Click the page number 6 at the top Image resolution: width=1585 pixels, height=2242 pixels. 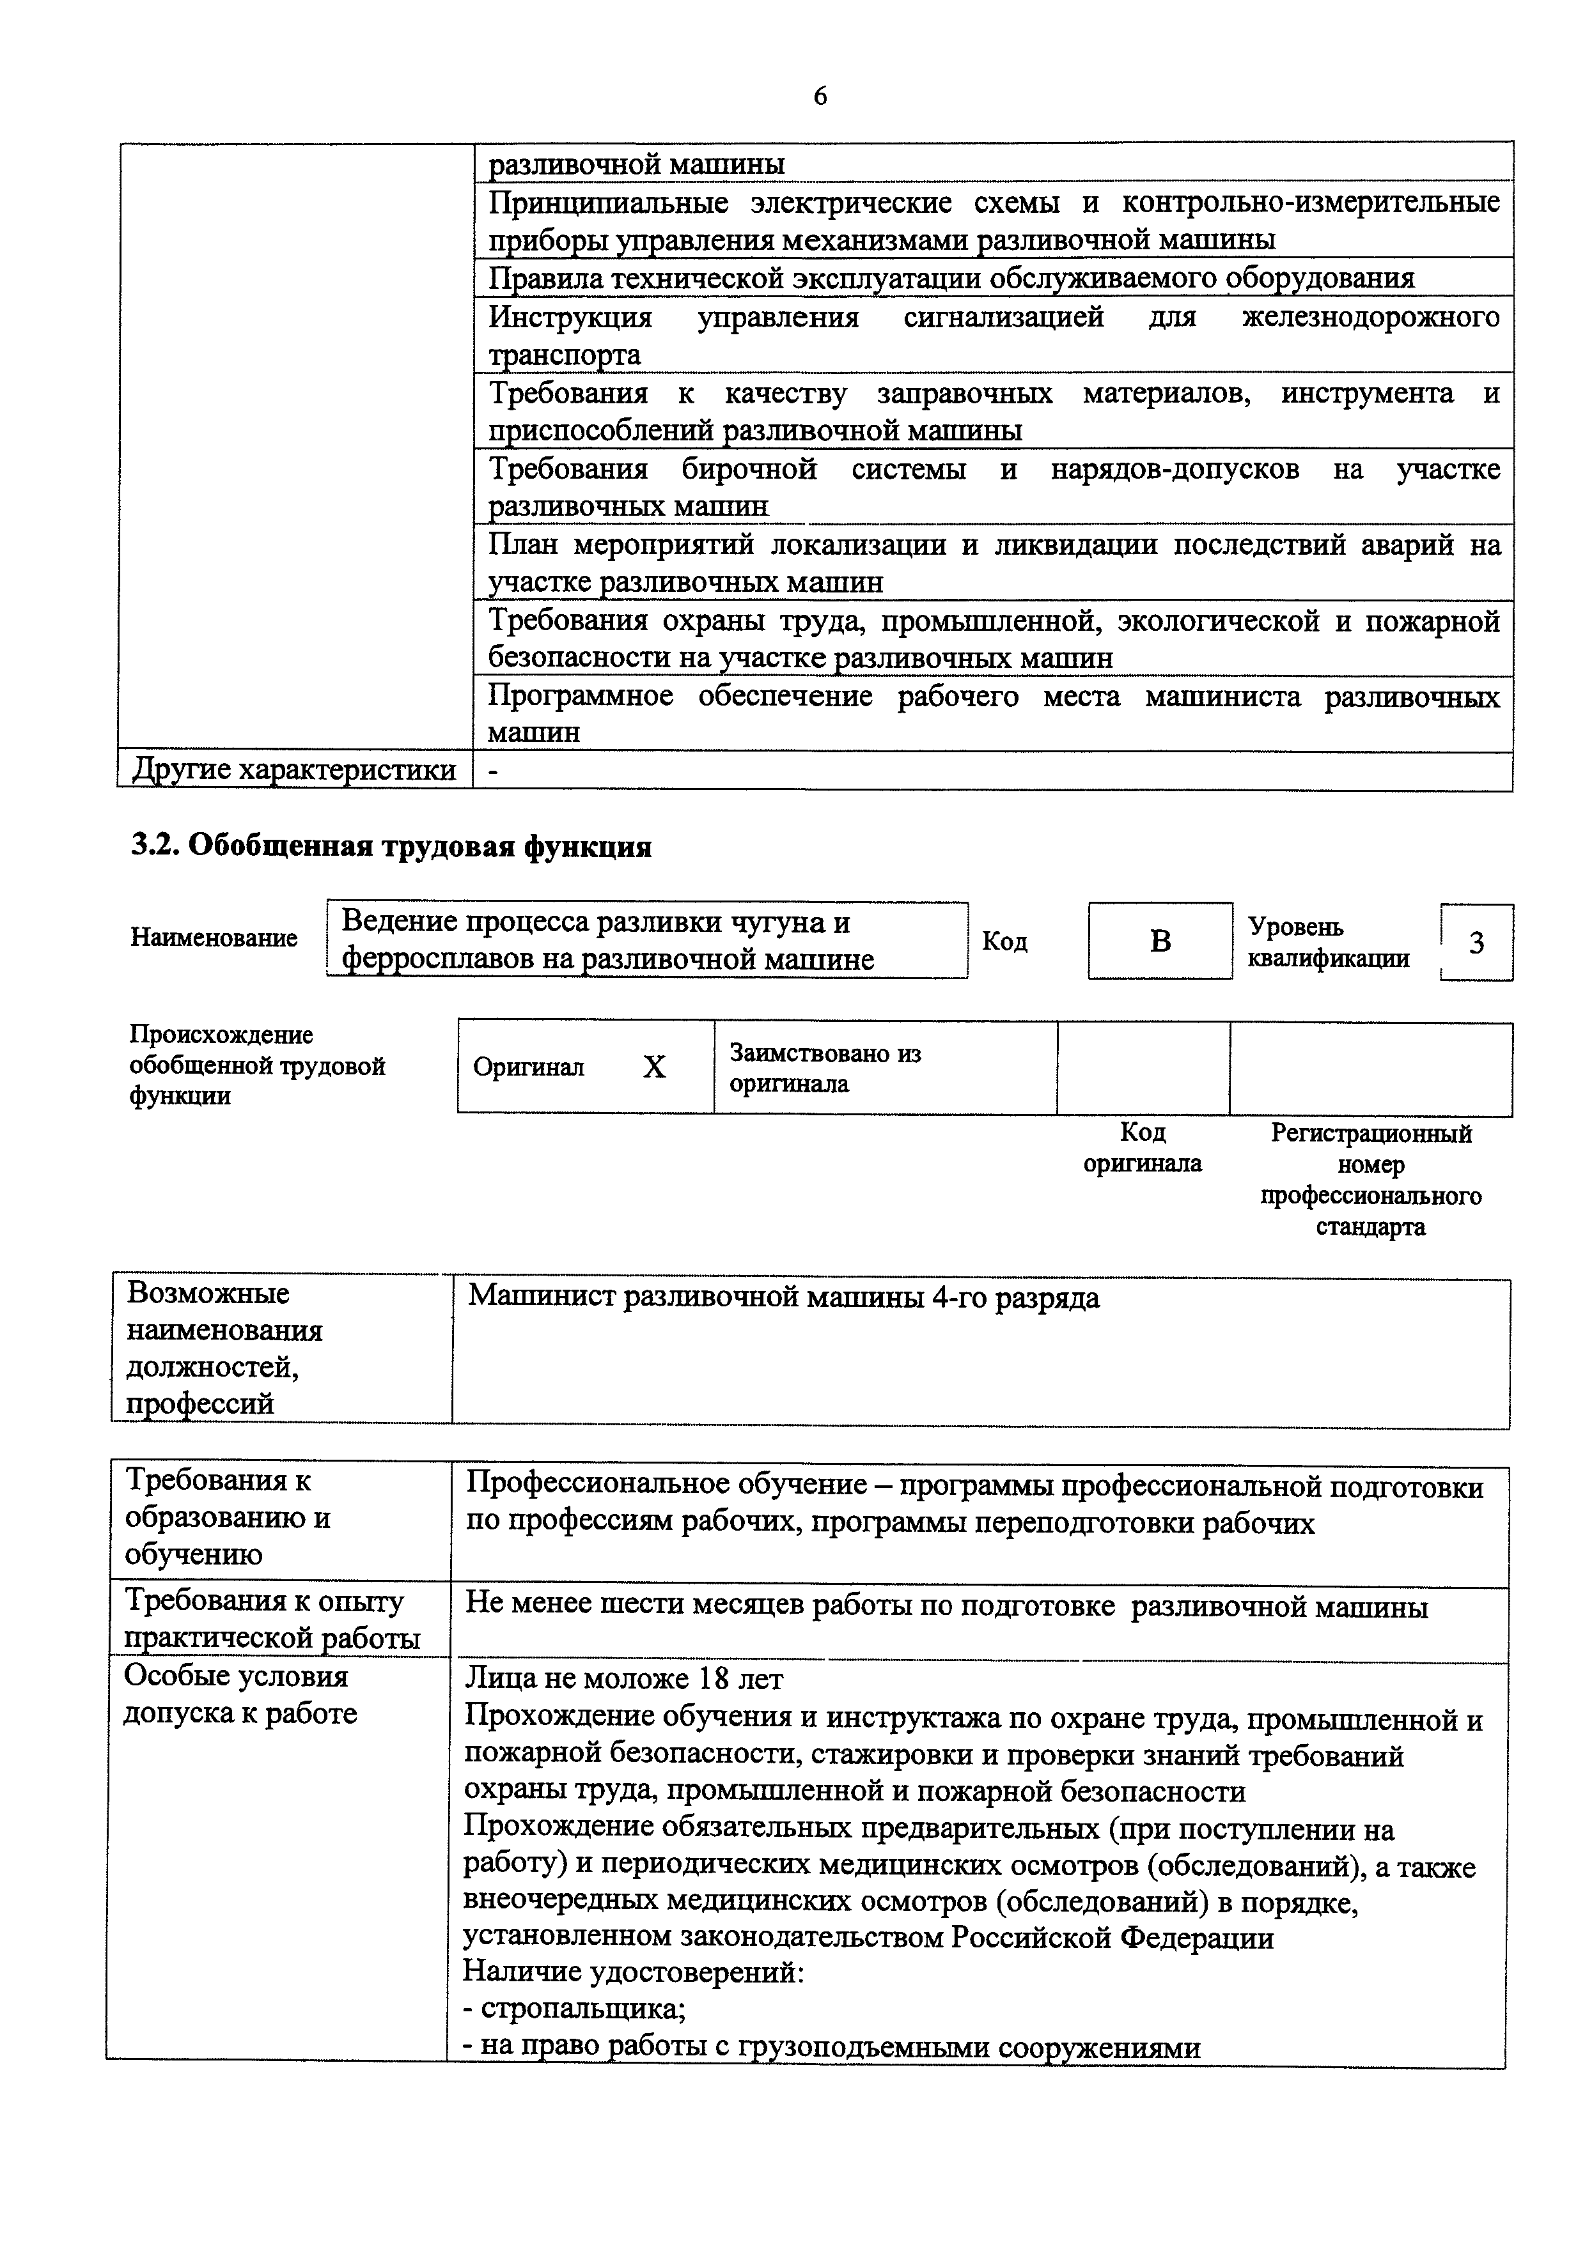(820, 97)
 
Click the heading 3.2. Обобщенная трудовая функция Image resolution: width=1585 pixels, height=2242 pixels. (391, 846)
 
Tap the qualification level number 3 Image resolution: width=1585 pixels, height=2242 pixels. (1476, 942)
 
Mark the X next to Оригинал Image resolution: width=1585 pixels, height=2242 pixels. (654, 1067)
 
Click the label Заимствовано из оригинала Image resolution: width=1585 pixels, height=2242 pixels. (825, 1068)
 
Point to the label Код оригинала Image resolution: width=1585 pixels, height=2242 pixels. (1143, 1148)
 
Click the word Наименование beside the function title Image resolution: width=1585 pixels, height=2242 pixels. (214, 938)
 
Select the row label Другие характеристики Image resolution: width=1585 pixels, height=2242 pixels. (294, 770)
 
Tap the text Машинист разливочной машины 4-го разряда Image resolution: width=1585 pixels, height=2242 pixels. (783, 1298)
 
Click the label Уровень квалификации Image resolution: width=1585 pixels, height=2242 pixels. (1328, 942)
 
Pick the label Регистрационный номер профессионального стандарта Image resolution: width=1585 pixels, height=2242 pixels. (1370, 1180)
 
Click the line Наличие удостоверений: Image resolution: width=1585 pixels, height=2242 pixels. (634, 1972)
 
